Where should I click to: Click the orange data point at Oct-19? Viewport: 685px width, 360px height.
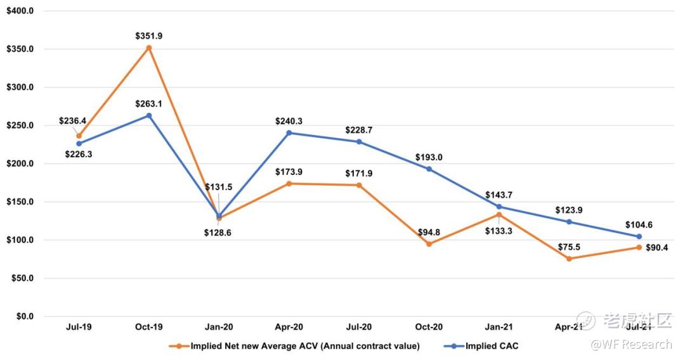pyautogui.click(x=149, y=48)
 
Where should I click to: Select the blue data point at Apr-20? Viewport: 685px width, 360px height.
pyautogui.click(x=289, y=133)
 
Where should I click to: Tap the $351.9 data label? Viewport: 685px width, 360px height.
pyautogui.click(x=149, y=36)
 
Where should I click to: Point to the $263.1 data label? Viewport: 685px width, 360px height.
pyautogui.click(x=149, y=104)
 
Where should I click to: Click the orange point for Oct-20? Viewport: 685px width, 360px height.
pyautogui.click(x=429, y=244)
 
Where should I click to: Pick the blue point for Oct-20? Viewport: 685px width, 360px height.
pyautogui.click(x=429, y=169)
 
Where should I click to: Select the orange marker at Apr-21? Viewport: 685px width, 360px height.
pyautogui.click(x=569, y=259)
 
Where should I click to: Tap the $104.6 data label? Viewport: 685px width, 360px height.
pyautogui.click(x=639, y=225)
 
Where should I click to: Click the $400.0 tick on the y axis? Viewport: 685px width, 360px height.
pyautogui.click(x=20, y=11)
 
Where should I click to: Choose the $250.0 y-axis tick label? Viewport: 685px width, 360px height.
pyautogui.click(x=20, y=125)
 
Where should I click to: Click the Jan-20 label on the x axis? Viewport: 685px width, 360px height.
pyautogui.click(x=219, y=327)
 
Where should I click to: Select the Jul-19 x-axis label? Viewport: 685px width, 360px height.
pyautogui.click(x=79, y=327)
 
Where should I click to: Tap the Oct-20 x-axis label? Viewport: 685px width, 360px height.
pyautogui.click(x=429, y=327)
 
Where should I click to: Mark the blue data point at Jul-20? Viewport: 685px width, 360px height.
pyautogui.click(x=359, y=142)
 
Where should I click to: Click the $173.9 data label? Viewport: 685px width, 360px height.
pyautogui.click(x=289, y=172)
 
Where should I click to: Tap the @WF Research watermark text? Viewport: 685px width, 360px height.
pyautogui.click(x=631, y=344)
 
